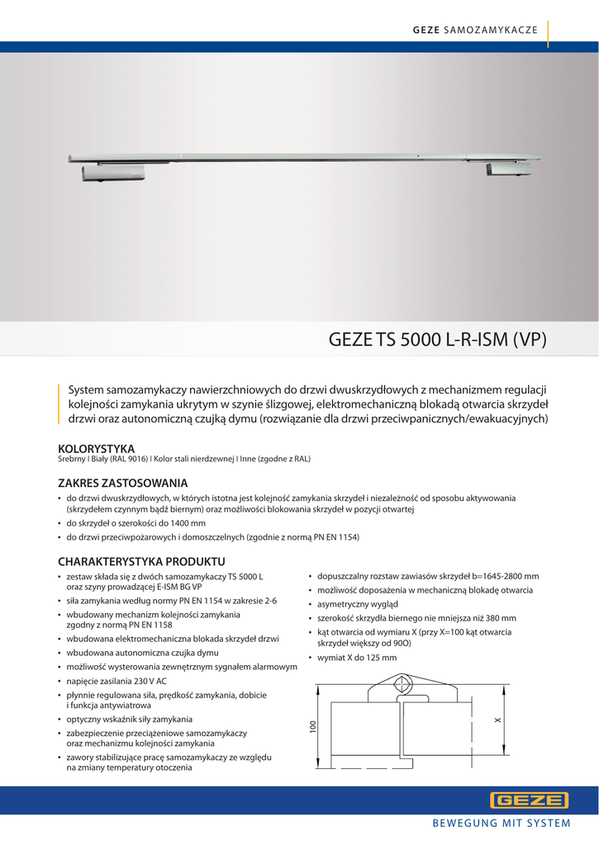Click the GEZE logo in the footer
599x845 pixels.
point(530,800)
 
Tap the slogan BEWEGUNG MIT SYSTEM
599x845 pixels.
point(502,824)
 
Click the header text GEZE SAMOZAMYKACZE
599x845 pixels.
point(475,30)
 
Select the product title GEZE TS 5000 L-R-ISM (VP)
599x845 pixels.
point(438,339)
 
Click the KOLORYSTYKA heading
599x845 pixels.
point(96,449)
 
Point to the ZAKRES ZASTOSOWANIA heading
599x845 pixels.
point(122,483)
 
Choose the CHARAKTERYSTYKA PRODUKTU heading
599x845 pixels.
point(141,561)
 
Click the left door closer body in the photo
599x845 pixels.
point(114,173)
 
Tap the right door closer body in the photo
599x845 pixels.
point(509,168)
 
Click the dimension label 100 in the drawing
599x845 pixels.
point(313,727)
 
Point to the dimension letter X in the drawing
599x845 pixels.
point(498,720)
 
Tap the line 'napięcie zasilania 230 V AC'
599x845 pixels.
point(116,681)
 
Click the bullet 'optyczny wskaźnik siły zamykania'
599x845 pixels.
point(130,719)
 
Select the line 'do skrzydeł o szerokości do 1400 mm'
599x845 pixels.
point(136,524)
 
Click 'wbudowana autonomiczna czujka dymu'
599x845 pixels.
point(143,652)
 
